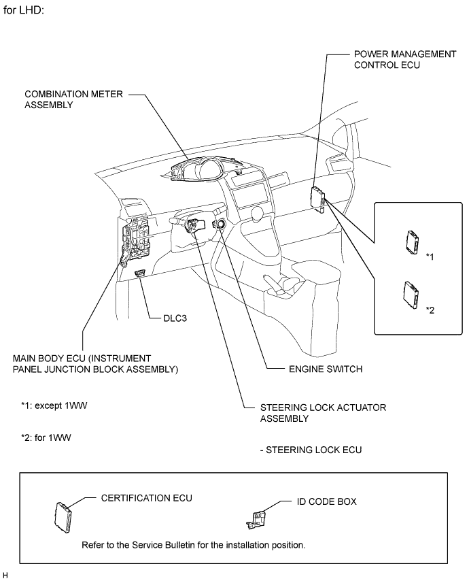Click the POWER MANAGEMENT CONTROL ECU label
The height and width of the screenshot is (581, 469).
pyautogui.click(x=405, y=59)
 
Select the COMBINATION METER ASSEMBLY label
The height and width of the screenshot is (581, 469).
pyautogui.click(x=73, y=99)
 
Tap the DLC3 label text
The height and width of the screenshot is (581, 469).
pyautogui.click(x=175, y=318)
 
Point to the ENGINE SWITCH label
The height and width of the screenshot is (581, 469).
pyautogui.click(x=326, y=369)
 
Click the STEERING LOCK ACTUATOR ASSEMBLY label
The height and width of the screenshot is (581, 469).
pyautogui.click(x=323, y=413)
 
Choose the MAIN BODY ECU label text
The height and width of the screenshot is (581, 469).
pyautogui.click(x=96, y=364)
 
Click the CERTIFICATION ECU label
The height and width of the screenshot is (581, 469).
pyautogui.click(x=147, y=498)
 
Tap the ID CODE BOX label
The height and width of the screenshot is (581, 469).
pyautogui.click(x=326, y=501)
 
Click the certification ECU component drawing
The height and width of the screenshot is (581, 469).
pyautogui.click(x=63, y=518)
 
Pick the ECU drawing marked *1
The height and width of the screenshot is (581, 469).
pyautogui.click(x=413, y=242)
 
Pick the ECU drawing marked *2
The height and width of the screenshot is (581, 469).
pyautogui.click(x=411, y=295)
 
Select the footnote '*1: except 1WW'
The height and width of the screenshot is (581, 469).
pyautogui.click(x=54, y=405)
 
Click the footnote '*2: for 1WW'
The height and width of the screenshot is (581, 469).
pyautogui.click(x=46, y=437)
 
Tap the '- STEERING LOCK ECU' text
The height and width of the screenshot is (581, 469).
pyautogui.click(x=311, y=450)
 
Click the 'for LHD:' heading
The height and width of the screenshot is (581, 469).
pyautogui.click(x=24, y=10)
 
